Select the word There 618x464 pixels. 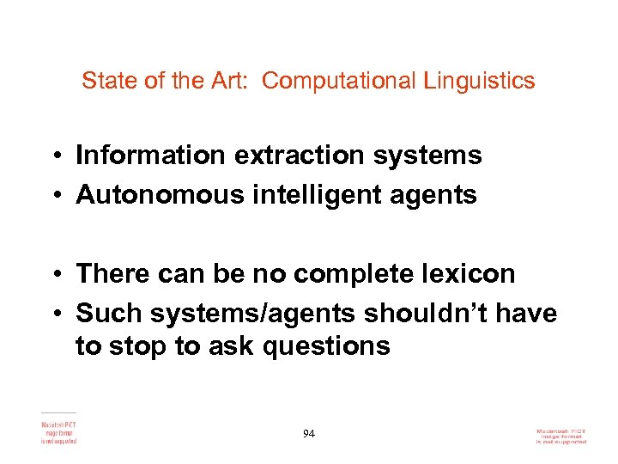click(112, 274)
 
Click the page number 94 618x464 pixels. click(309, 433)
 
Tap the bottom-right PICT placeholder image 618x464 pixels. click(561, 435)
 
